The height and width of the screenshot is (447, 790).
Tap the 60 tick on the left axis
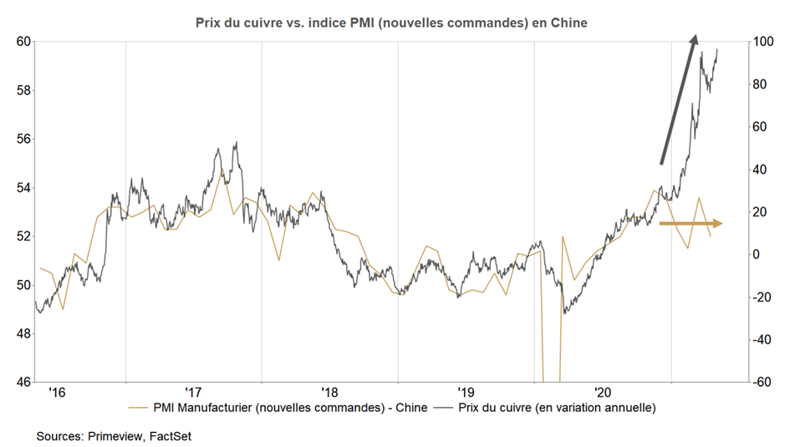pyautogui.click(x=23, y=42)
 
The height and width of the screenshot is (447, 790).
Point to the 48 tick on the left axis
pyautogui.click(x=23, y=334)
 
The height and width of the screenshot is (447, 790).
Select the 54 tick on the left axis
pyautogui.click(x=23, y=188)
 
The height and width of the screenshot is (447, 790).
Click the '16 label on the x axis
pyautogui.click(x=57, y=391)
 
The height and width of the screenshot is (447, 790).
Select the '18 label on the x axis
pyautogui.click(x=329, y=391)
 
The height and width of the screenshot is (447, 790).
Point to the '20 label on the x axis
pyautogui.click(x=602, y=391)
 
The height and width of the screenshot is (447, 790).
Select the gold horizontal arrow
pyautogui.click(x=691, y=223)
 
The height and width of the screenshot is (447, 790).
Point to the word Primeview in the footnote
pyautogui.click(x=115, y=435)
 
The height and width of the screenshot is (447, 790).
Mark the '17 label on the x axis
pyautogui.click(x=193, y=391)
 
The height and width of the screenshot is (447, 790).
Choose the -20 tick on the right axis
pyautogui.click(x=757, y=297)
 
